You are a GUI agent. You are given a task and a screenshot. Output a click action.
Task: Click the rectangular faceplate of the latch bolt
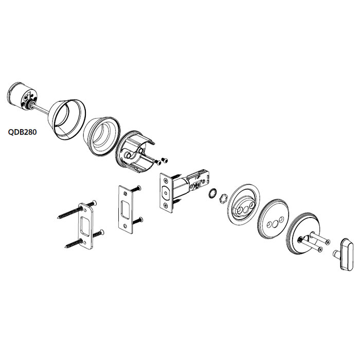tap(167, 192)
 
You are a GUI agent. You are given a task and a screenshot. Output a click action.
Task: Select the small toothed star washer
tap(211, 194)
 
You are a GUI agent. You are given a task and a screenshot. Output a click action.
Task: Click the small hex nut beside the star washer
tap(224, 197)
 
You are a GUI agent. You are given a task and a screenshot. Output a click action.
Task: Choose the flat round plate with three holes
tap(273, 220)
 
